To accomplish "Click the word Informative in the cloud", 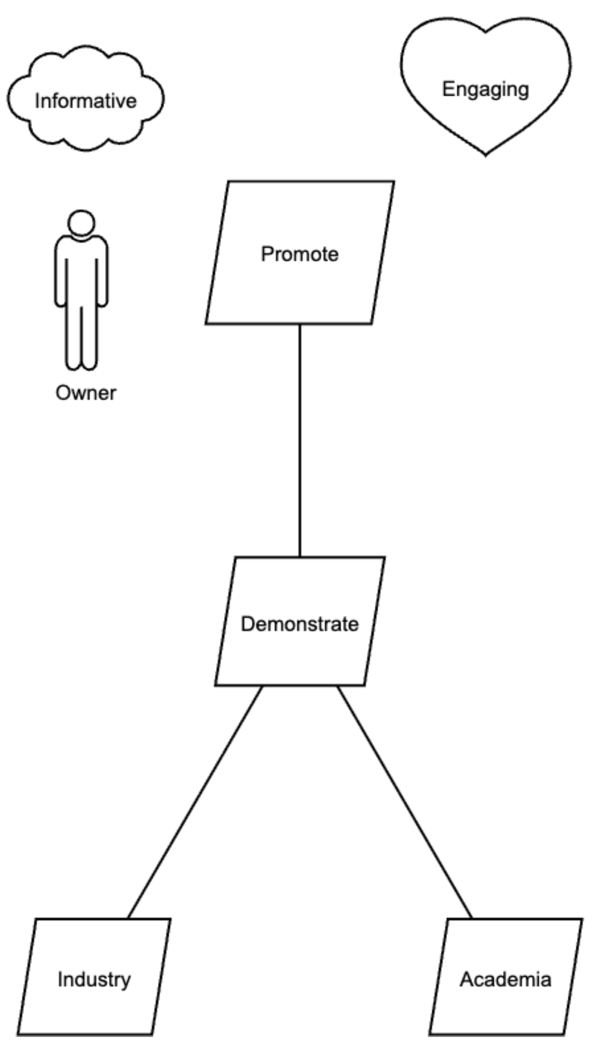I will [x=85, y=101].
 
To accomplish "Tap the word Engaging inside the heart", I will [x=485, y=89].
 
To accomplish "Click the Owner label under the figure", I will [x=86, y=393].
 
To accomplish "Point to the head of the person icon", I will [x=81, y=222].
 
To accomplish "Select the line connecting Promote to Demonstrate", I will [x=300, y=440].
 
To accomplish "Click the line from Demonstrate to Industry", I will [x=195, y=802].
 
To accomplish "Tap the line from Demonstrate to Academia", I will [x=405, y=802].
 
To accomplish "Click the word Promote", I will [x=300, y=254].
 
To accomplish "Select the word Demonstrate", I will [x=300, y=624].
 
